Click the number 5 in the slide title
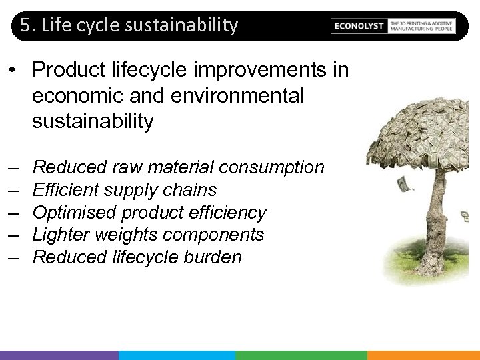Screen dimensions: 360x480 click(x=25, y=25)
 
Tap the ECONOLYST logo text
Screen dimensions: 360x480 click(x=359, y=26)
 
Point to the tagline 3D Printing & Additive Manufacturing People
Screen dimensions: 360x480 click(x=421, y=26)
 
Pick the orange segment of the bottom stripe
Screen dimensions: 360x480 click(x=423, y=355)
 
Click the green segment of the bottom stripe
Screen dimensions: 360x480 click(x=301, y=355)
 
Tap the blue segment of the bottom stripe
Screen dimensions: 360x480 click(x=177, y=355)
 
